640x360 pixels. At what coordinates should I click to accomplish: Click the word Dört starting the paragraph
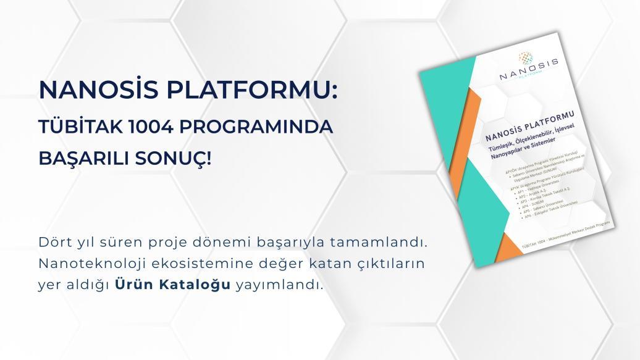pyautogui.click(x=53, y=241)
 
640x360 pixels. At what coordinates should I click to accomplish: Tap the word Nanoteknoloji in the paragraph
pyautogui.click(x=85, y=263)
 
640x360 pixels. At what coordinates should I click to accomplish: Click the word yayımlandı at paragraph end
pyautogui.click(x=280, y=285)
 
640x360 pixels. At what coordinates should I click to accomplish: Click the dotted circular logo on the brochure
pyautogui.click(x=526, y=57)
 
